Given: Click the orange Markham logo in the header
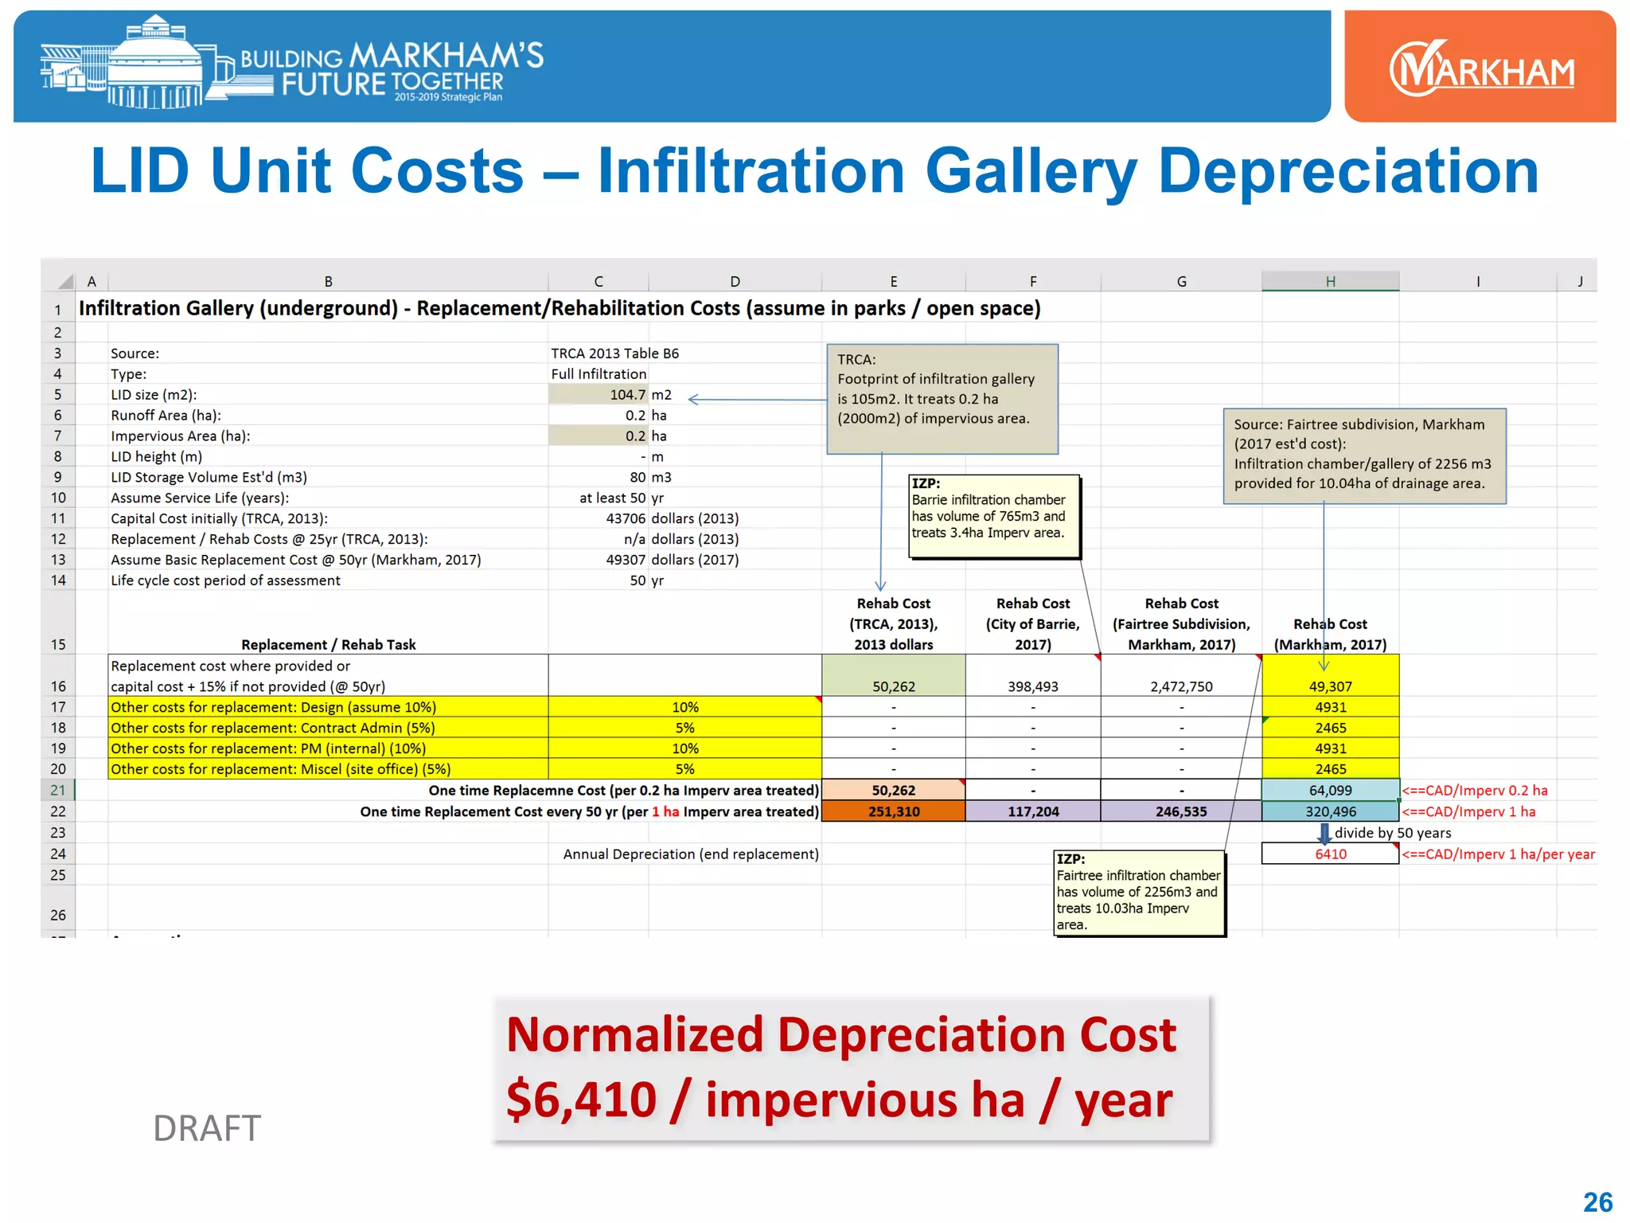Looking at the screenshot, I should pyautogui.click(x=1480, y=68).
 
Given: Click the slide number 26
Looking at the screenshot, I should pyautogui.click(x=1597, y=1202).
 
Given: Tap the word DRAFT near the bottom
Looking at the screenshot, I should pyautogui.click(x=207, y=1128).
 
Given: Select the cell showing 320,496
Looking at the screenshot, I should pyautogui.click(x=1330, y=811).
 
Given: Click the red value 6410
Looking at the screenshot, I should pyautogui.click(x=1330, y=854).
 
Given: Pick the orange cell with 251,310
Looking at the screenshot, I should pyautogui.click(x=893, y=811).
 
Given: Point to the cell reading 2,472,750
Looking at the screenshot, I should pyautogui.click(x=1181, y=686).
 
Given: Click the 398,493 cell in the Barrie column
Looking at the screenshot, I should pyautogui.click(x=1032, y=686).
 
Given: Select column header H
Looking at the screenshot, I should pyautogui.click(x=1330, y=281).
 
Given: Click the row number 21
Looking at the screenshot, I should pyautogui.click(x=58, y=790).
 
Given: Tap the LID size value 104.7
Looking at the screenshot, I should pyautogui.click(x=627, y=395).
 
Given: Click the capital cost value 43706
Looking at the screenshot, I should pyautogui.click(x=626, y=518).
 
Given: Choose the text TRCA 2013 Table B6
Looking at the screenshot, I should pyautogui.click(x=614, y=354).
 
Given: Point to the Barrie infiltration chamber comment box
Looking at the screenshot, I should pyautogui.click(x=995, y=516).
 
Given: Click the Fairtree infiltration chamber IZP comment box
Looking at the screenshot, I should pyautogui.click(x=1139, y=892).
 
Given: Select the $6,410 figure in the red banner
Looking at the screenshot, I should pyautogui.click(x=581, y=1100).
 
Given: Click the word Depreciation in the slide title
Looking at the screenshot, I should pyautogui.click(x=1347, y=170).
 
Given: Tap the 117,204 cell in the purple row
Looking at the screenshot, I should pyautogui.click(x=1032, y=811).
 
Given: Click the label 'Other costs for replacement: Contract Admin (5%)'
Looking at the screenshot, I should pyautogui.click(x=273, y=728).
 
